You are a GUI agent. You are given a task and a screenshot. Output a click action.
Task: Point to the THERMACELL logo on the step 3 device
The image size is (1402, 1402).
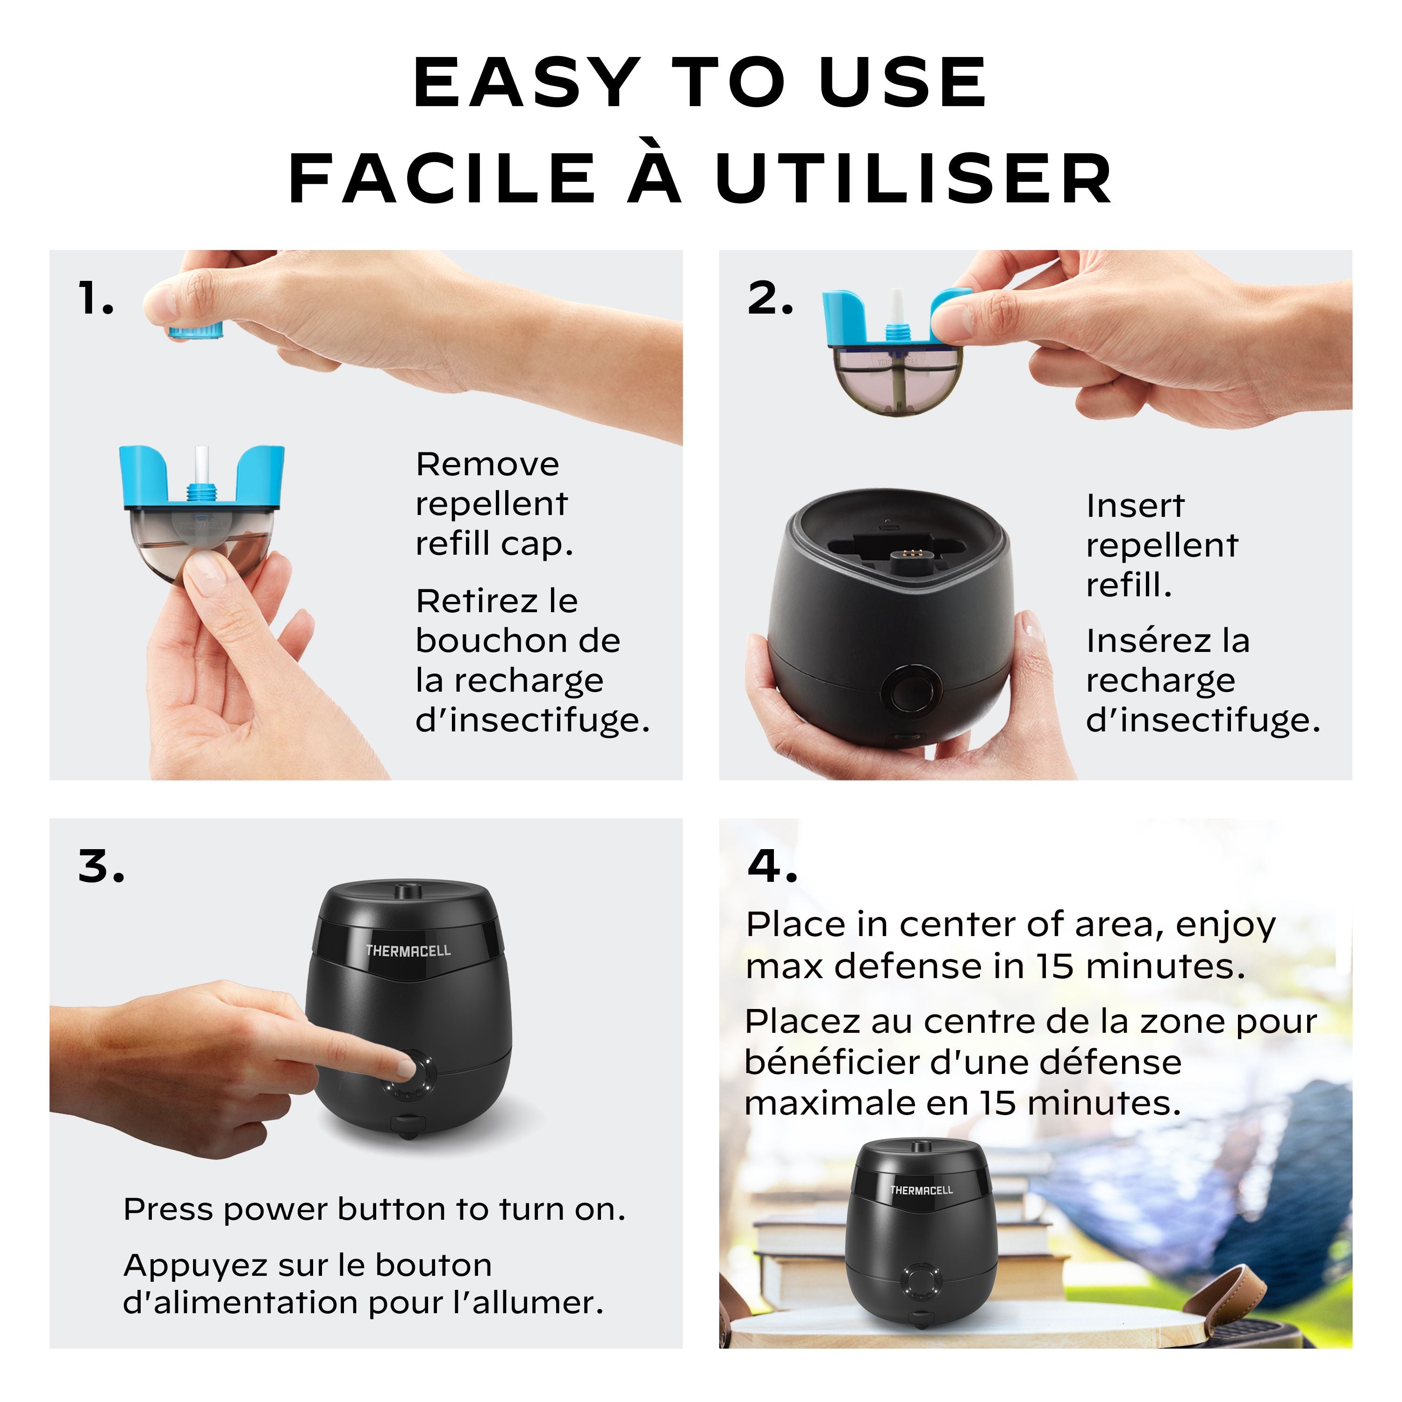pyautogui.click(x=408, y=951)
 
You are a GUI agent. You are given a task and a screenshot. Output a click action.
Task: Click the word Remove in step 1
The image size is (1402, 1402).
pyautogui.click(x=487, y=465)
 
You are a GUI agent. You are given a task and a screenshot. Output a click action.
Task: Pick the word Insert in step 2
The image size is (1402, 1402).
pyautogui.click(x=1135, y=506)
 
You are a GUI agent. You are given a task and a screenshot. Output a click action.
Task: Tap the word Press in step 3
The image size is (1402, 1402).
pyautogui.click(x=169, y=1210)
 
